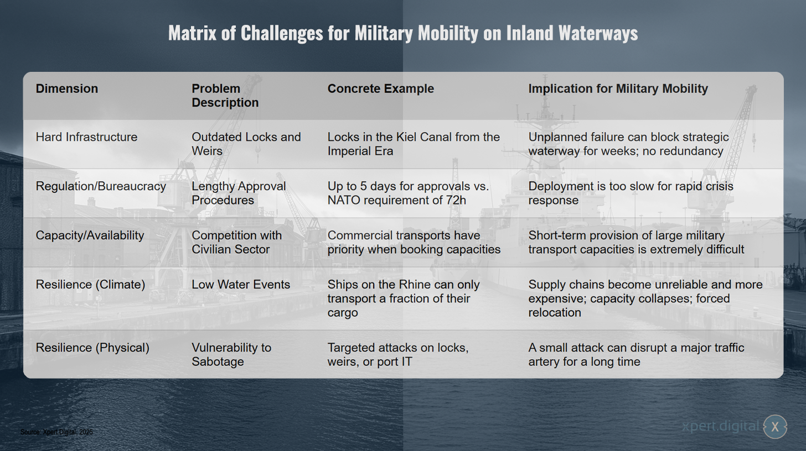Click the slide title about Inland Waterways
tap(403, 33)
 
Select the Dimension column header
tap(66, 88)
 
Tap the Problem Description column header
tap(225, 95)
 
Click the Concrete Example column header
tap(381, 88)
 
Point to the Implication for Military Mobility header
tap(618, 88)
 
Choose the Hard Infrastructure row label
tap(86, 137)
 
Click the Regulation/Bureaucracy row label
tap(101, 186)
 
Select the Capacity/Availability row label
tap(90, 235)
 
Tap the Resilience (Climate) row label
tap(90, 285)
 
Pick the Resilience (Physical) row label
tap(92, 348)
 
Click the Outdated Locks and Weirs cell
tap(246, 144)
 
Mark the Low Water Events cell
tap(241, 285)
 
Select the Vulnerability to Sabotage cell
tap(231, 355)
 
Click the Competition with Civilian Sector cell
tap(236, 242)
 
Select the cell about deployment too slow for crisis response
tap(631, 193)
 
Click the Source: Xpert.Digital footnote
tap(56, 432)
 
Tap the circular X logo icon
tap(775, 427)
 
